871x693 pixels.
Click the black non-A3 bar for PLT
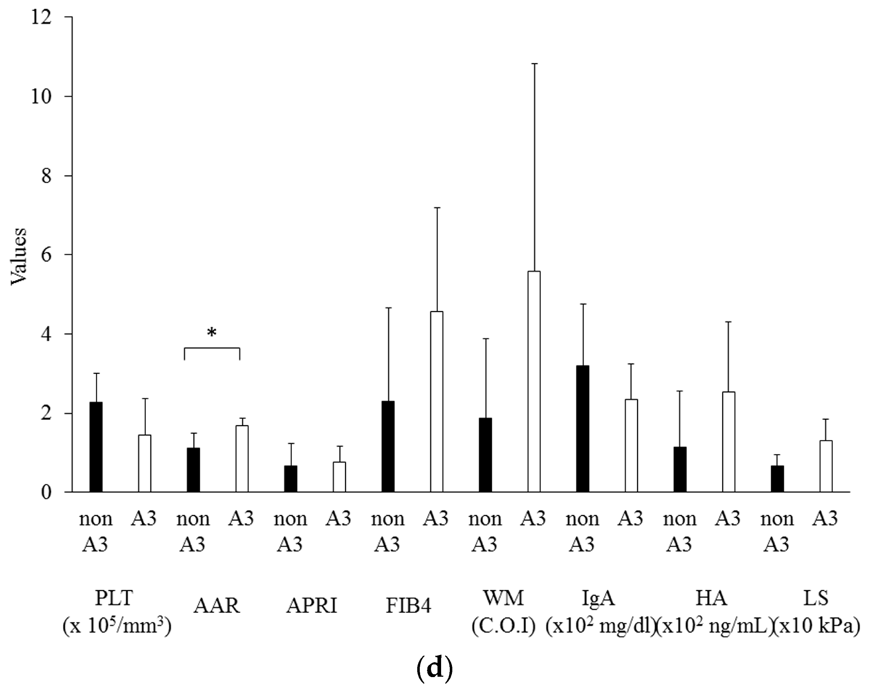click(96, 447)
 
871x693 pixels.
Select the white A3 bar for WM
click(534, 382)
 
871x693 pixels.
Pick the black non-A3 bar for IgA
click(582, 429)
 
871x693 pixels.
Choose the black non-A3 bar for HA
click(679, 469)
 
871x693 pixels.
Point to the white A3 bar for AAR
click(242, 459)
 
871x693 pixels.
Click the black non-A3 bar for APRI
click(290, 479)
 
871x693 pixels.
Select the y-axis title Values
click(18, 256)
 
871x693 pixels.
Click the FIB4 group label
click(409, 606)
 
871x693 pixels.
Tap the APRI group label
click(311, 606)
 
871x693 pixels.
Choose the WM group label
click(503, 598)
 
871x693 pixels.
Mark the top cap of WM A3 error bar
click(534, 64)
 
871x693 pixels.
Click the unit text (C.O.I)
click(503, 626)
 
